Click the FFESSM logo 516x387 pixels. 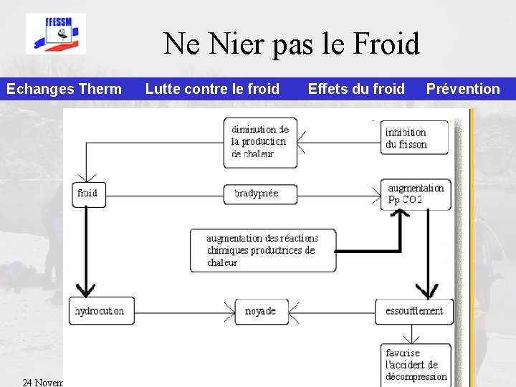point(56,33)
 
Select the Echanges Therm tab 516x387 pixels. point(64,89)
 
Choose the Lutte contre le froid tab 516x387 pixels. point(212,89)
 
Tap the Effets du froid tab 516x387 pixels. point(356,89)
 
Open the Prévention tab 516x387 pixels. point(463,89)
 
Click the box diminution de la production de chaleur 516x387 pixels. point(260,142)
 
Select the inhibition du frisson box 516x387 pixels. point(414,138)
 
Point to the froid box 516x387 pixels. point(88,193)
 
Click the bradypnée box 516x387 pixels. point(260,193)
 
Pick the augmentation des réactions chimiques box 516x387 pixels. point(262,250)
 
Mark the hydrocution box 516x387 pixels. point(101,310)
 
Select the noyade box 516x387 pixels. point(262,311)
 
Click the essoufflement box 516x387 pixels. point(414,311)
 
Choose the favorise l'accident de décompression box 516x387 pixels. point(416,364)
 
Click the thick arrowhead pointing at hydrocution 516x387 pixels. point(86,290)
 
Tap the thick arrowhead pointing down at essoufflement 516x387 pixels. point(428,291)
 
